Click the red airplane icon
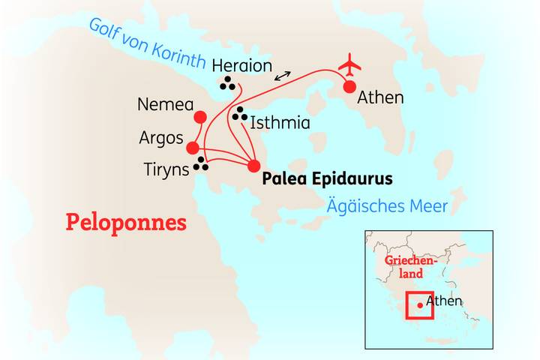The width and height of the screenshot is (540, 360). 349,65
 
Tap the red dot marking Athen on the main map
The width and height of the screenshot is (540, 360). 349,87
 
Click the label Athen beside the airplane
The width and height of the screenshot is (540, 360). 381,97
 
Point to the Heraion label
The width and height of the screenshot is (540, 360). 241,66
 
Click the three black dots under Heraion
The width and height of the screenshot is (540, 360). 227,85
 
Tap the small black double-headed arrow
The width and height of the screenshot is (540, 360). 283,76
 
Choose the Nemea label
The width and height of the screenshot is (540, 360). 161,105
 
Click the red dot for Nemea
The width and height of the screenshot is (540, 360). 199,117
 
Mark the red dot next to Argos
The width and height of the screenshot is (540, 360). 193,148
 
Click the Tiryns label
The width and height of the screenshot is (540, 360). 166,170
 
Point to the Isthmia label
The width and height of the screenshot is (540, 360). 280,122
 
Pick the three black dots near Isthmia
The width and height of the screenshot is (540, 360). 239,114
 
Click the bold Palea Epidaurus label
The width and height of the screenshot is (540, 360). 327,180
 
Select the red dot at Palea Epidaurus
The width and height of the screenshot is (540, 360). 253,166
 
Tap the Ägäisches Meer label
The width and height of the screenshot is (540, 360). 388,205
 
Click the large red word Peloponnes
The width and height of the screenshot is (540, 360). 126,222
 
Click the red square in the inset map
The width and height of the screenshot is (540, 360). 419,304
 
